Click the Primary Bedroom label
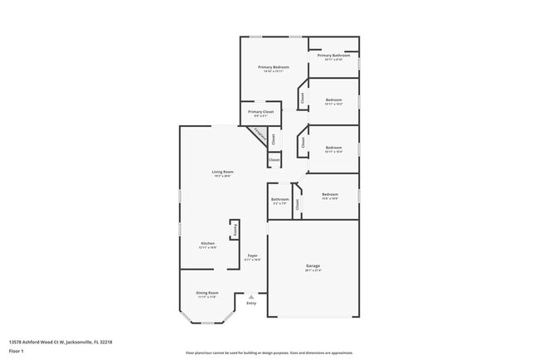tap(273, 66)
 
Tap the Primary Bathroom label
tap(333, 56)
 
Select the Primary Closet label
tap(260, 111)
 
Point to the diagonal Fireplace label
tap(260, 134)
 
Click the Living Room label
tap(222, 172)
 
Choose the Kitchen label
tap(207, 243)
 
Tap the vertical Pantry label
tap(235, 229)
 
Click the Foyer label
tap(252, 255)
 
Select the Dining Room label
tap(207, 292)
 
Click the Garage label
tap(313, 265)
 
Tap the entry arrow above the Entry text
tap(250, 295)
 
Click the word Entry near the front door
tap(250, 303)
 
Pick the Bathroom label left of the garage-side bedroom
tap(279, 199)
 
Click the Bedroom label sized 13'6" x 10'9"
tap(330, 194)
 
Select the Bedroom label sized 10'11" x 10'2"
tap(333, 100)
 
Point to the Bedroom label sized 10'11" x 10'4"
tap(333, 148)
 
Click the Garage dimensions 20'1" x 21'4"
tap(313, 270)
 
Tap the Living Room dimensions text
tap(222, 176)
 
